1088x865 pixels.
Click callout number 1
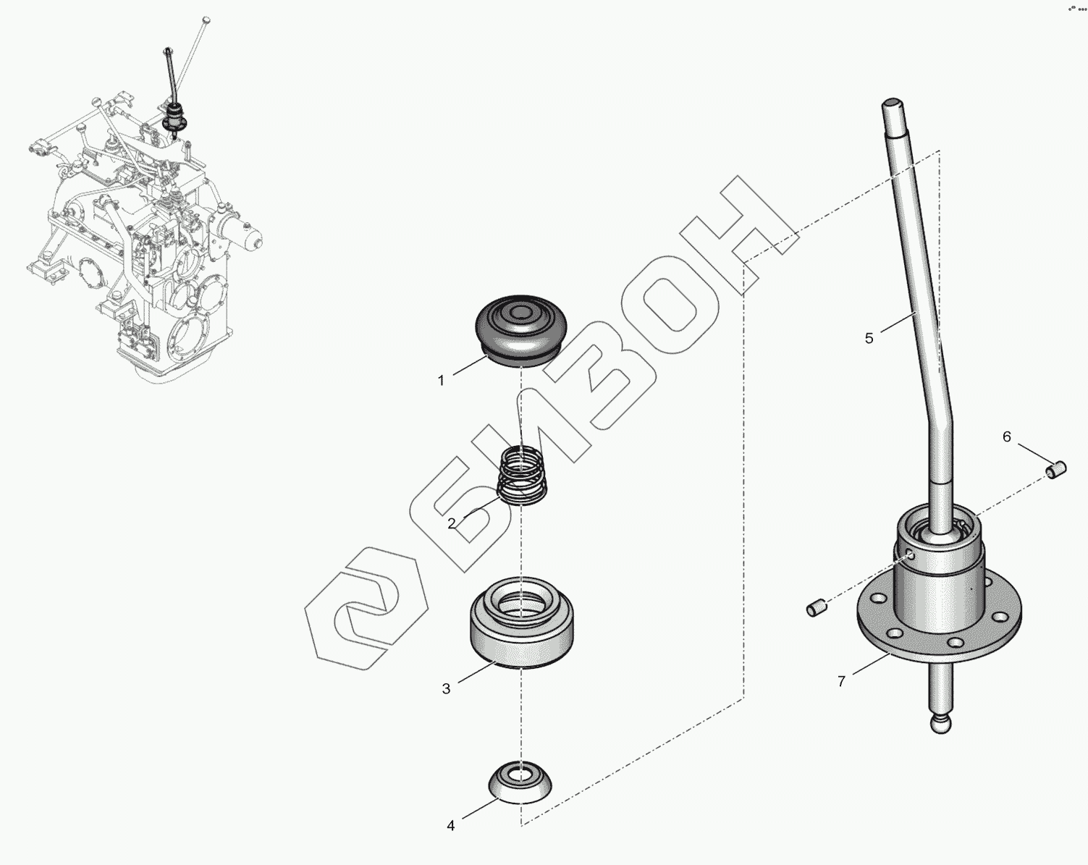pyautogui.click(x=441, y=381)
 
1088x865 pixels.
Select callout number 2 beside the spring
pyautogui.click(x=452, y=524)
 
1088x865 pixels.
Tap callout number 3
pyautogui.click(x=446, y=689)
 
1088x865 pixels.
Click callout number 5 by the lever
pyautogui.click(x=869, y=338)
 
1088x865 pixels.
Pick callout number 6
pyautogui.click(x=1007, y=436)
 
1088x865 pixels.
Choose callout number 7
pyautogui.click(x=841, y=682)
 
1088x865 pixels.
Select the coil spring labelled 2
pyautogui.click(x=522, y=474)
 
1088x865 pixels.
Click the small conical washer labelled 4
pyautogui.click(x=520, y=781)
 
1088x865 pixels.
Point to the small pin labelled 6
pyautogui.click(x=1055, y=470)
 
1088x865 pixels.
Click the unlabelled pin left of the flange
pyautogui.click(x=816, y=607)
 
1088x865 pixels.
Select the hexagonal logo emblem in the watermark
pyautogui.click(x=366, y=609)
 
